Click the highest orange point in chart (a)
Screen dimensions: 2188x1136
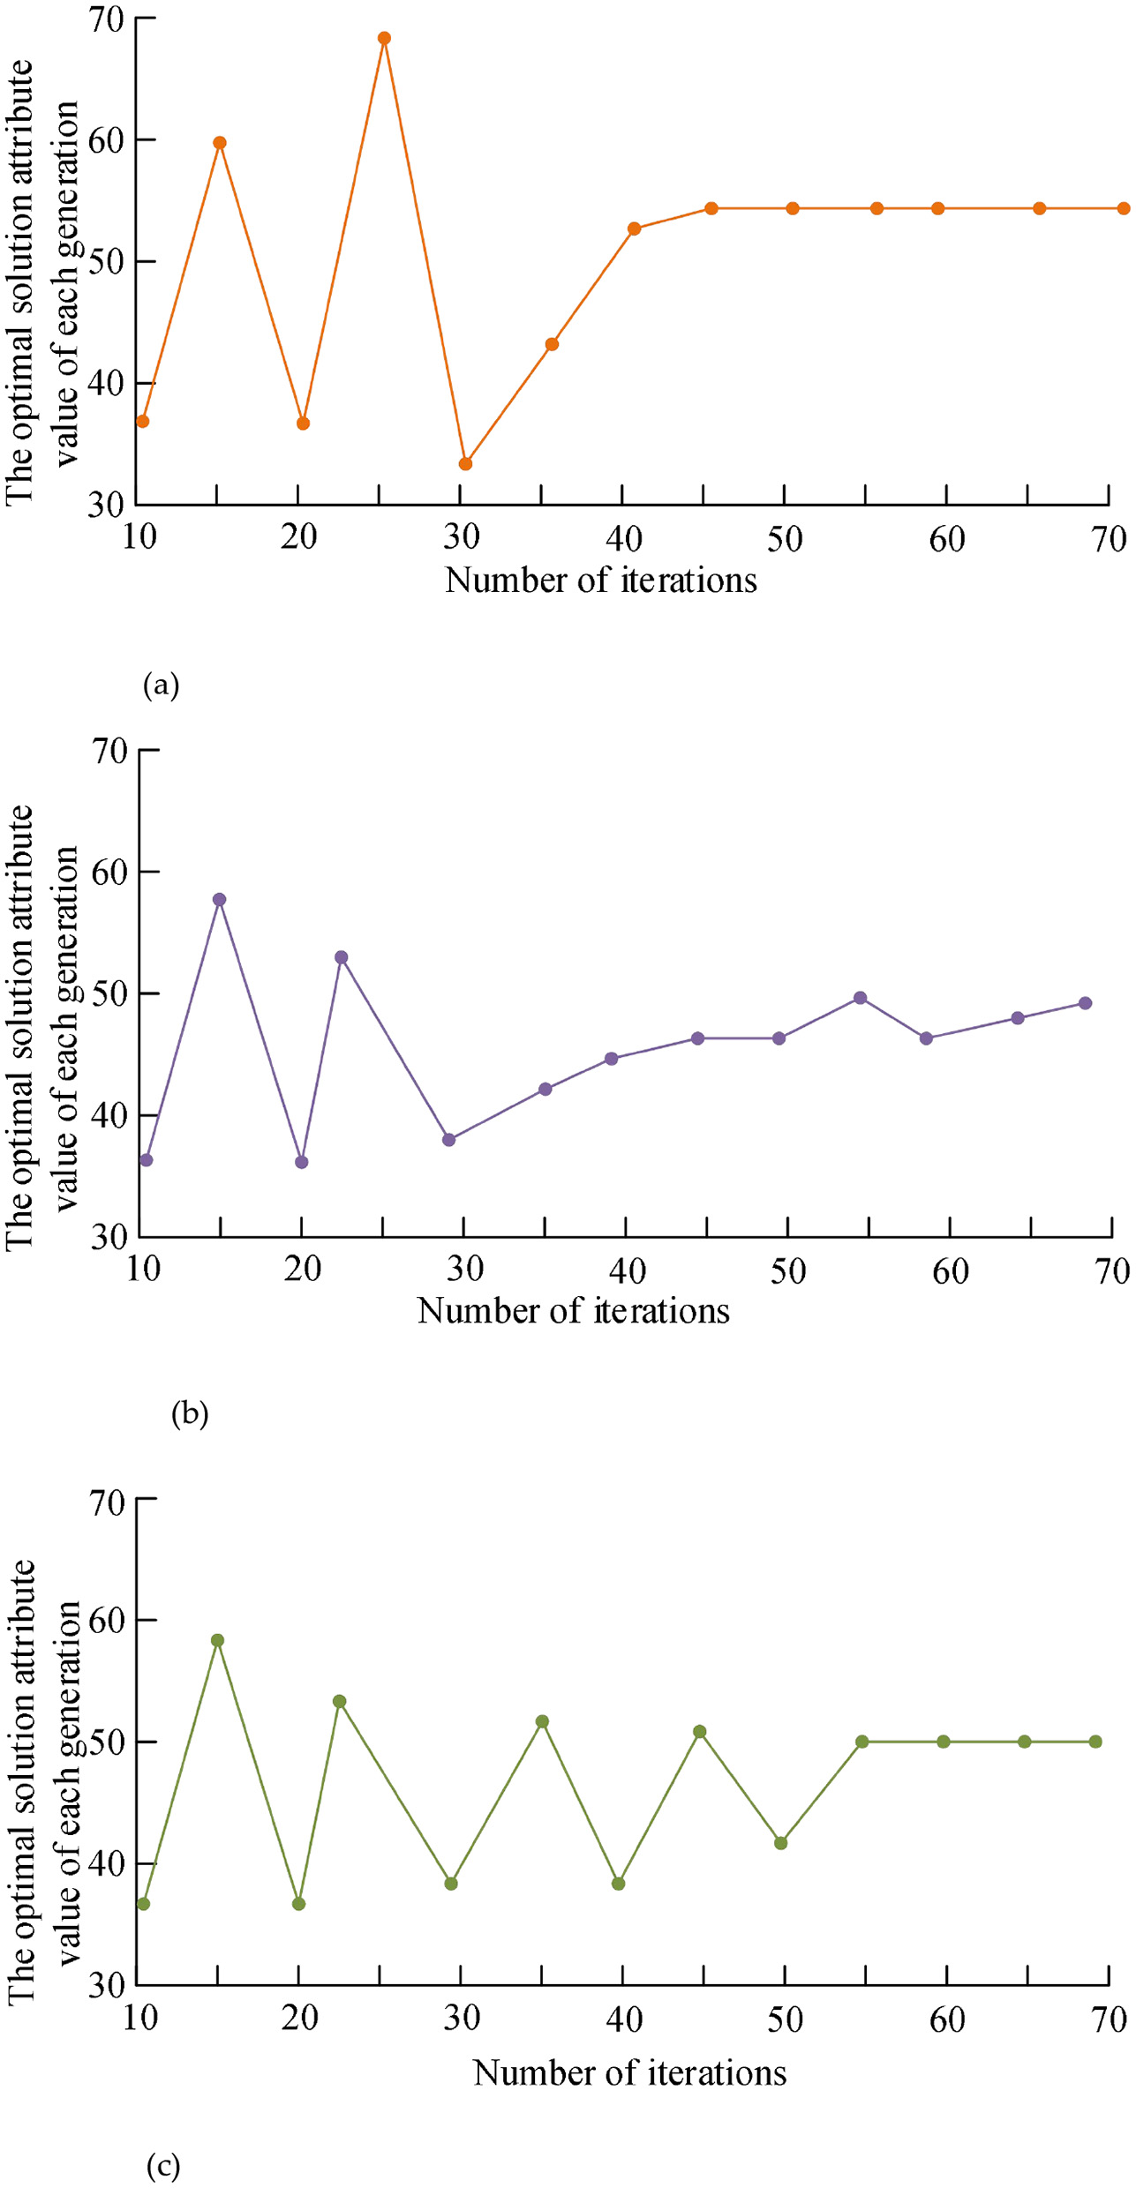pos(384,39)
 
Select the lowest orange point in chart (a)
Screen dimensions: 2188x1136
pos(465,464)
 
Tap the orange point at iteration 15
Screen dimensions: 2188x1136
pos(220,143)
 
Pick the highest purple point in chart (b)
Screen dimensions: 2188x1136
pos(220,900)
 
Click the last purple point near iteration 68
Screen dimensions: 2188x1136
pos(1085,1003)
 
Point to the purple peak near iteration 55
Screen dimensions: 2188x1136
pos(860,998)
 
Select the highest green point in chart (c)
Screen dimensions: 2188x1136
pos(218,1641)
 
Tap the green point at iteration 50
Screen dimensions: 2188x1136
pos(780,1843)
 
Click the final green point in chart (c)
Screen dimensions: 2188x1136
pos(1095,1742)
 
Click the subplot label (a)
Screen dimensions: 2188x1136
pos(161,686)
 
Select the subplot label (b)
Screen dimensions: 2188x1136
pos(190,1414)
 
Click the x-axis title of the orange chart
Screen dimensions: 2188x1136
pos(600,581)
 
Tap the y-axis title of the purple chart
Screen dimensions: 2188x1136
pos(42,1028)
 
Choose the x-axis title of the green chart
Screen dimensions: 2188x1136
pos(629,2072)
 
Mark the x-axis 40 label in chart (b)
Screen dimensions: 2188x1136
pos(627,1270)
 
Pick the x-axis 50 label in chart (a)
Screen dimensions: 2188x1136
pos(785,538)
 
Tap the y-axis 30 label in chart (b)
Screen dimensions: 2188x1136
pos(110,1237)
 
